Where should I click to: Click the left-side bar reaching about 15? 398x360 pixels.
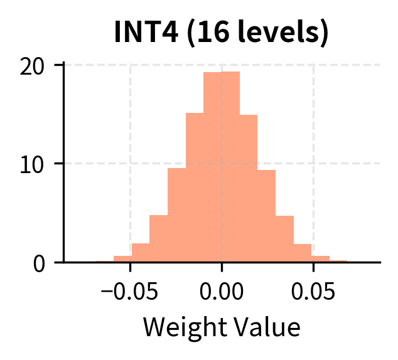195,188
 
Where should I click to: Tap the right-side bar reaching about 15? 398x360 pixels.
249,188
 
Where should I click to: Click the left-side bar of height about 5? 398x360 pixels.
158,239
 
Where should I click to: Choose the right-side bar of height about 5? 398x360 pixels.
285,239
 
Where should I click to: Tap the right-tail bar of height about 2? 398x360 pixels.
303,253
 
